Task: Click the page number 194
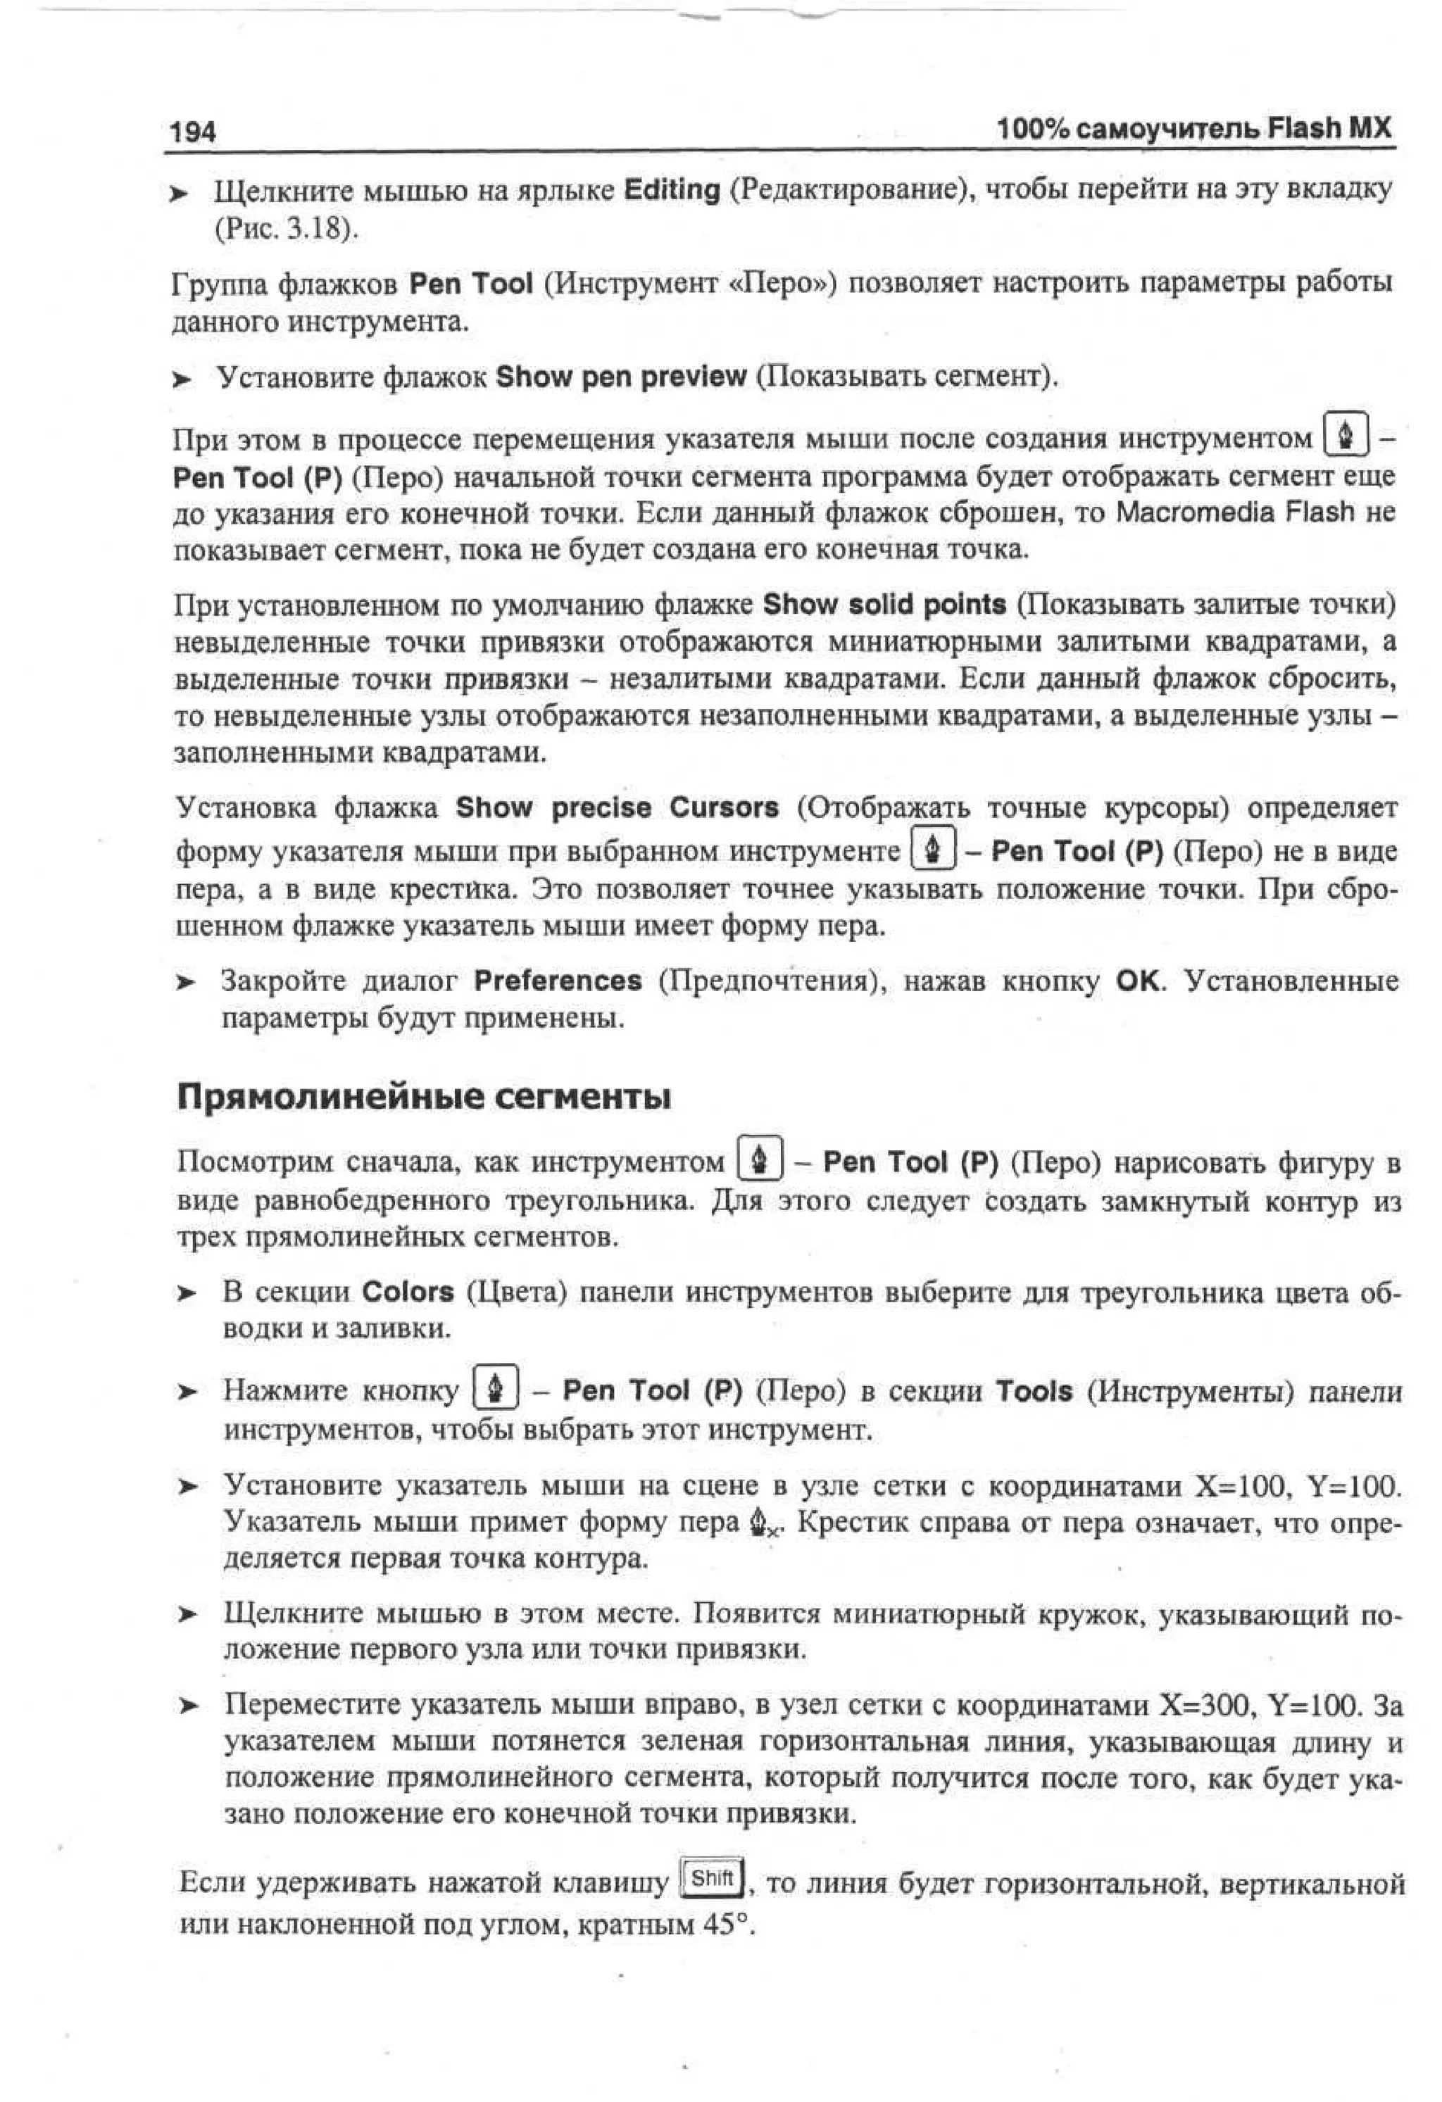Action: pyautogui.click(x=194, y=132)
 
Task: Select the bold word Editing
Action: pyautogui.click(x=672, y=190)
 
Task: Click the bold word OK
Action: pyautogui.click(x=1137, y=981)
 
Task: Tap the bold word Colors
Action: pyautogui.click(x=408, y=1292)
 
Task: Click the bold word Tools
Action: pyautogui.click(x=1034, y=1391)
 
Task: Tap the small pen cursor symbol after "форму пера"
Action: pyautogui.click(x=765, y=1524)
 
